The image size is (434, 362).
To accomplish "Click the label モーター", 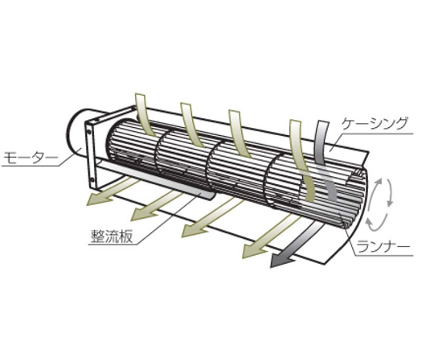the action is coord(31,158).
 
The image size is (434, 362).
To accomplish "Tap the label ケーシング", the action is coord(375,124).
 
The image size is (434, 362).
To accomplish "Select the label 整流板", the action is coord(112,237).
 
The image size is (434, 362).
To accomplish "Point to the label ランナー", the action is coord(383,247).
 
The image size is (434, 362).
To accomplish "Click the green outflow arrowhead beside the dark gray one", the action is coord(253,250).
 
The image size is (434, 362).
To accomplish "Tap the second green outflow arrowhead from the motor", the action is coord(141,212).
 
